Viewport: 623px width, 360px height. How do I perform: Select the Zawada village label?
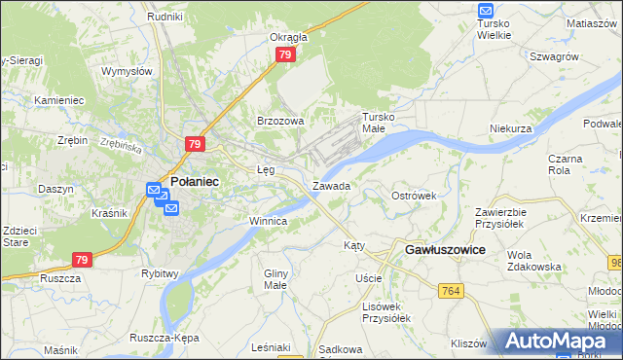tap(331, 185)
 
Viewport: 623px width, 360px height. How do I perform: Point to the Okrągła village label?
tap(288, 38)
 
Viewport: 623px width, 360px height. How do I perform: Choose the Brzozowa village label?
tap(280, 121)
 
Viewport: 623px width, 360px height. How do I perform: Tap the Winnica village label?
tap(268, 221)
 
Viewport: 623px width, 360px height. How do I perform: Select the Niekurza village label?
tap(510, 128)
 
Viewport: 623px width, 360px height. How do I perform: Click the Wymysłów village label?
tap(128, 71)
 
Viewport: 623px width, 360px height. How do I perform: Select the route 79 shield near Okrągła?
tap(284, 55)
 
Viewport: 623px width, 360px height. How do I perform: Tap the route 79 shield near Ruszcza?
tap(82, 260)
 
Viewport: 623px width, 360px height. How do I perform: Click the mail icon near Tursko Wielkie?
tap(487, 11)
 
